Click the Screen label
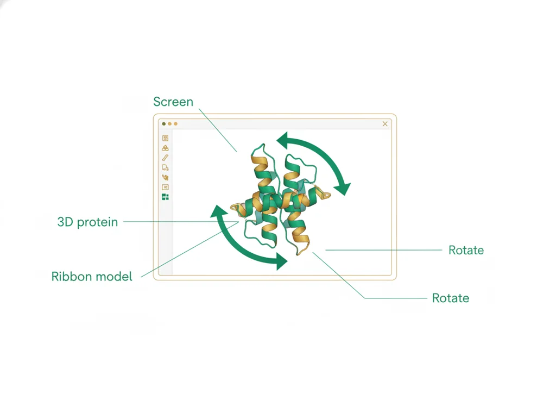click(173, 102)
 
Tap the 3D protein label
click(87, 222)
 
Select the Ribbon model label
click(91, 277)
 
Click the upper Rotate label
click(466, 250)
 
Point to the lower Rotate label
click(450, 298)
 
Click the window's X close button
click(385, 124)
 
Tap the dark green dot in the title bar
click(164, 124)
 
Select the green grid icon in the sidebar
click(165, 197)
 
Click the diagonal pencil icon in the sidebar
click(165, 158)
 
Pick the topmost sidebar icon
click(165, 138)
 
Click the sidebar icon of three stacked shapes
click(165, 148)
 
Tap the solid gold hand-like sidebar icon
click(165, 177)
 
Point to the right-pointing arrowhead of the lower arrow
click(281, 261)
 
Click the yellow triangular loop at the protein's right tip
click(324, 194)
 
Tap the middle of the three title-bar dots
click(170, 124)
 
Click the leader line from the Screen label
click(218, 130)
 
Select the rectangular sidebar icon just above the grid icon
click(165, 187)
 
